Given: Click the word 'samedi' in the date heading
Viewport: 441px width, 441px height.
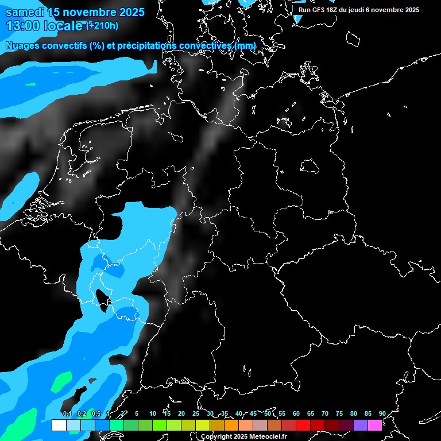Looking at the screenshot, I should tap(25, 11).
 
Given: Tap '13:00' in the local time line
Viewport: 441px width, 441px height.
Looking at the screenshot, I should tap(22, 25).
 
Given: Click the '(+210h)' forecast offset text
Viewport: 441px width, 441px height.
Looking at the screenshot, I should tap(102, 25).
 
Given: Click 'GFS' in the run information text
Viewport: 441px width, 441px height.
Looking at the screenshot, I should tap(322, 10).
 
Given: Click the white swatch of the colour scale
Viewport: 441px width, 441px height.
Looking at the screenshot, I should tap(59, 425).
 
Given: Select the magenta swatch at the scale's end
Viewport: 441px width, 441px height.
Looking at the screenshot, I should tap(375, 425).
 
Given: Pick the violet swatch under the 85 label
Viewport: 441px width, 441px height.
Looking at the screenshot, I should tap(361, 425).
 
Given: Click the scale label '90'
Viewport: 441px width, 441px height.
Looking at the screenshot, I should tap(382, 413).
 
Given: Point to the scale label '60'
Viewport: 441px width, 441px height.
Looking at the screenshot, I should tap(296, 413).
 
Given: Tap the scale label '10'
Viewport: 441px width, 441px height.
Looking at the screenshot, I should tap(153, 413).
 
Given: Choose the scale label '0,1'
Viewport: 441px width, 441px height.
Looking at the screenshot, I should tap(67, 413).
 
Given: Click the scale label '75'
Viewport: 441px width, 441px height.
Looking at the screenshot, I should tap(339, 413).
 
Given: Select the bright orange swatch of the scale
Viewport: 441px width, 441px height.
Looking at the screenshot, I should tap(231, 425).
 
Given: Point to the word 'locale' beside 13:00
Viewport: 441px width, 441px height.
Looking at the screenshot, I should tap(63, 25).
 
